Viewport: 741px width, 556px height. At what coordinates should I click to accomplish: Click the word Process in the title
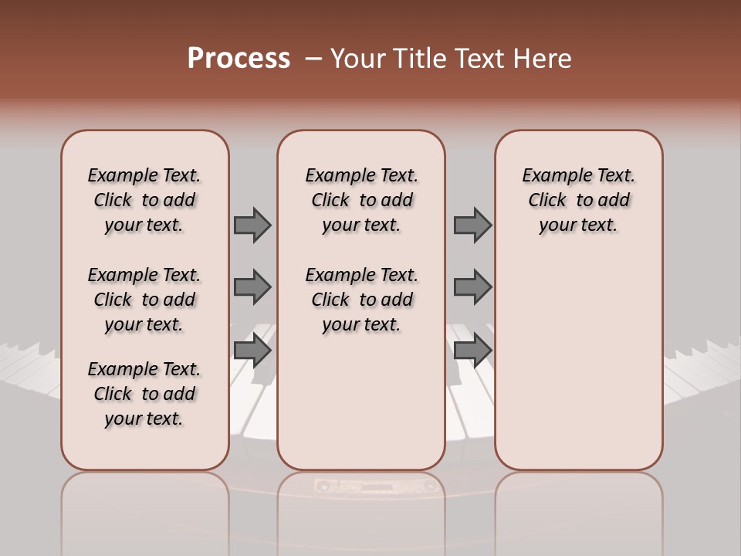pos(239,59)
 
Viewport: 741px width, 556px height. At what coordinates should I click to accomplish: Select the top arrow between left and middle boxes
pos(252,225)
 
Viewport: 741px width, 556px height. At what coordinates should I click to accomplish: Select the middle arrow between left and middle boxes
pos(252,287)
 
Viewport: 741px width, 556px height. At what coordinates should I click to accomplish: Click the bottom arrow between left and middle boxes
pos(252,351)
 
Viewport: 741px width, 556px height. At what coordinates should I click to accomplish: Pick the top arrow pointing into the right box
pos(472,225)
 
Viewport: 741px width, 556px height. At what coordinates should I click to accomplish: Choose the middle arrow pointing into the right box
pos(472,287)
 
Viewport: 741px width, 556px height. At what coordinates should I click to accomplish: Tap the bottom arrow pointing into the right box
pos(472,351)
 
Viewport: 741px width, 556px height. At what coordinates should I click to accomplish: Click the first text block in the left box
pos(144,200)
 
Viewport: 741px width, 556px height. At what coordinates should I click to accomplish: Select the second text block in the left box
pos(144,300)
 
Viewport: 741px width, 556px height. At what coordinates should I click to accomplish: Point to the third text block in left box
pos(144,394)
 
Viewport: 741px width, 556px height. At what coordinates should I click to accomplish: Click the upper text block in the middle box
pos(361,200)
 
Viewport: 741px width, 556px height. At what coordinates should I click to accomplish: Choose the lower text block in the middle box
pos(361,300)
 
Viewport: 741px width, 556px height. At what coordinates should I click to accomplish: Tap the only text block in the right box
pos(578,200)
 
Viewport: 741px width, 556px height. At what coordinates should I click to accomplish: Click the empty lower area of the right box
pos(578,371)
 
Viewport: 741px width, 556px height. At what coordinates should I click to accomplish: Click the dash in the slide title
pos(313,59)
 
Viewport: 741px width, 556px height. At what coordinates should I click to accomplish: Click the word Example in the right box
pos(550,176)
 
